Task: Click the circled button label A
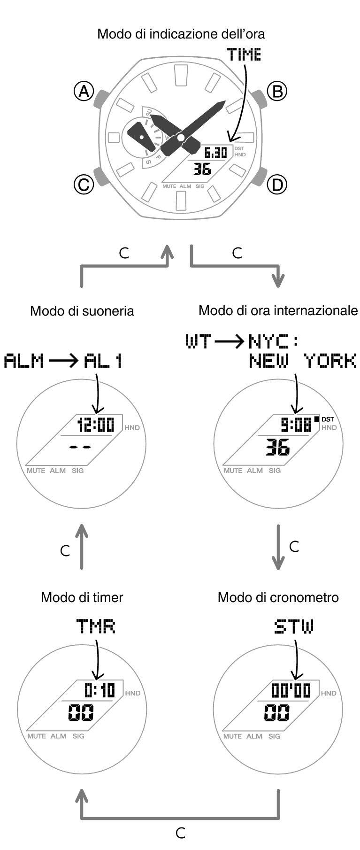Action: (x=84, y=91)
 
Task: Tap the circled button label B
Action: (x=277, y=91)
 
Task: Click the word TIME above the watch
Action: (x=244, y=55)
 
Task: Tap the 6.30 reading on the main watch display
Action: (x=216, y=153)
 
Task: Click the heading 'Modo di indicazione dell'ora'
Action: (x=181, y=34)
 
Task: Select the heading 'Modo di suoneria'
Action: (x=82, y=311)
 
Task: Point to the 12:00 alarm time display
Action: (x=96, y=425)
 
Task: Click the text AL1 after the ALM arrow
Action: (x=103, y=361)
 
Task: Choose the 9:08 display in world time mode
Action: (x=296, y=425)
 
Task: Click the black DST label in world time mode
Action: (x=328, y=419)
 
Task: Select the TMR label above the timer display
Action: (x=96, y=626)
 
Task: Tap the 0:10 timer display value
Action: (x=100, y=690)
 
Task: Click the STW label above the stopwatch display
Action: (x=294, y=626)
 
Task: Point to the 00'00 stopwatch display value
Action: (x=291, y=690)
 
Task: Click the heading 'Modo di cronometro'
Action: (x=278, y=597)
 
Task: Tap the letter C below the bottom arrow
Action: (x=181, y=833)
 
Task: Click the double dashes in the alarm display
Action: (x=80, y=447)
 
